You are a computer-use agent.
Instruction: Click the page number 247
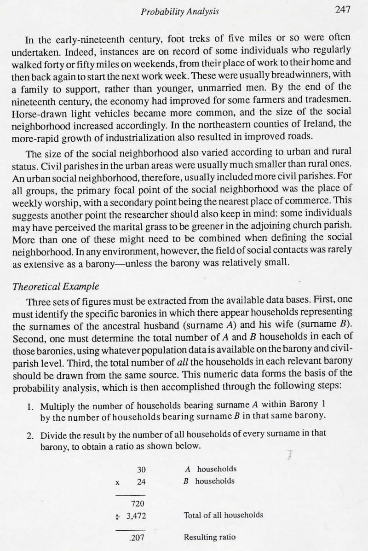(343, 10)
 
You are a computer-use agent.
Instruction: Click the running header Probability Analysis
(180, 11)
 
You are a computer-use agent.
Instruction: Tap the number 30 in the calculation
(141, 470)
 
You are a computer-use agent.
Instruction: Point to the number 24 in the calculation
(141, 482)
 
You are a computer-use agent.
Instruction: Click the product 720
(139, 505)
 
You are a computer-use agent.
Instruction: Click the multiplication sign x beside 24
(118, 482)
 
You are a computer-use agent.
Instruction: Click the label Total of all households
(224, 515)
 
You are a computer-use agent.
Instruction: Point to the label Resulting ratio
(210, 537)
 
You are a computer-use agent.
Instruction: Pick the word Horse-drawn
(32, 111)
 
